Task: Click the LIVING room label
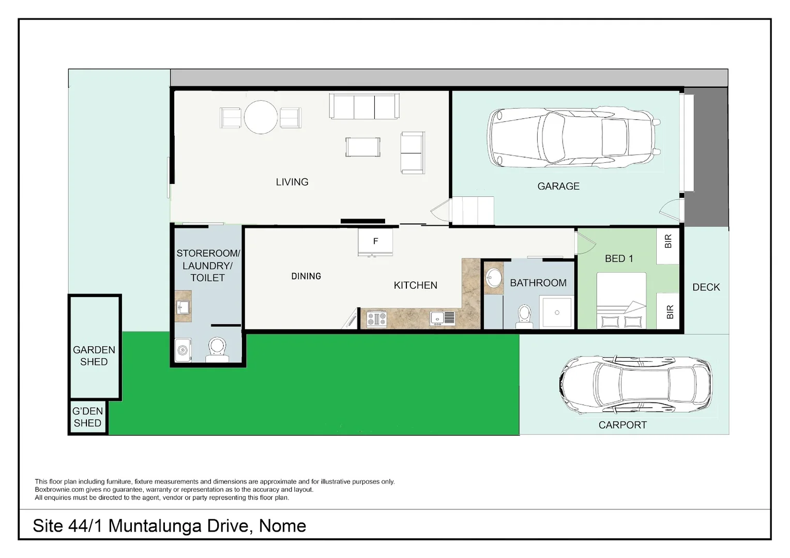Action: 292,182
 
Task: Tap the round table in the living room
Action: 261,117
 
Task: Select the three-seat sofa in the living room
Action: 364,106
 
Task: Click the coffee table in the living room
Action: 363,147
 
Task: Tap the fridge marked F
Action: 375,241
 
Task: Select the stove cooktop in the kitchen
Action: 376,319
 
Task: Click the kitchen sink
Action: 443,318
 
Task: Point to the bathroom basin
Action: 493,278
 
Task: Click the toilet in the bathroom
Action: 524,316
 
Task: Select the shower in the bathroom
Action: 557,312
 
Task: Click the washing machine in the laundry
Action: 183,350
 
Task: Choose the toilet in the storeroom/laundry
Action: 217,349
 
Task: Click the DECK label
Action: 706,287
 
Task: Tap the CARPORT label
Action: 622,425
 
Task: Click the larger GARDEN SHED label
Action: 94,356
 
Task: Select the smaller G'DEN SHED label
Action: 87,417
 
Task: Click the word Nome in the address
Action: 282,525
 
